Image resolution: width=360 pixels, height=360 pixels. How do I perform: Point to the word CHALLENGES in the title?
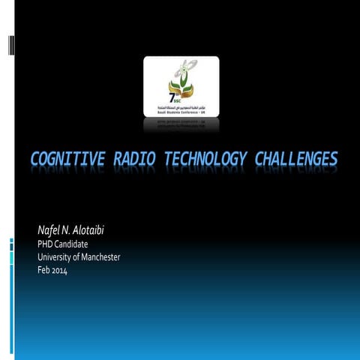click(295, 160)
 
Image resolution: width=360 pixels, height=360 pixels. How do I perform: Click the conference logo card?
click(181, 85)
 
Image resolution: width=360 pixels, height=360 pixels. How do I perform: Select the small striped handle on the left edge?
click(10, 45)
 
